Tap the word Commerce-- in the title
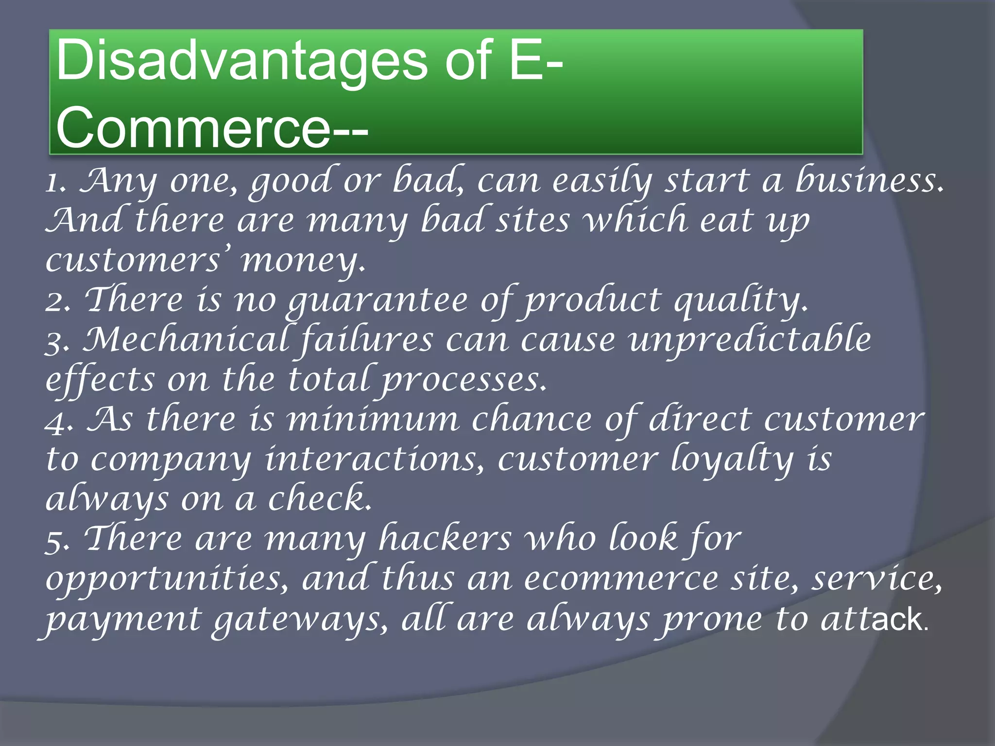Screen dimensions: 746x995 point(212,127)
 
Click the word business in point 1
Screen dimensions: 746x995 point(869,181)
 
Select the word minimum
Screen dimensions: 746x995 point(372,421)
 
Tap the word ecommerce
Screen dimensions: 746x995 point(621,580)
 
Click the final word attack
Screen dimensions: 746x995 point(873,620)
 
